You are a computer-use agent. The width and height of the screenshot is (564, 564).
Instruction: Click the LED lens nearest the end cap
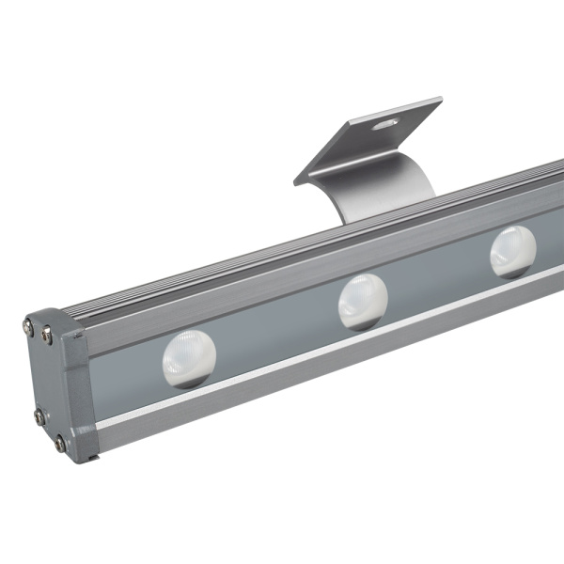tap(189, 358)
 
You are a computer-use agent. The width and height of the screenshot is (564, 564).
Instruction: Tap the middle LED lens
tap(362, 300)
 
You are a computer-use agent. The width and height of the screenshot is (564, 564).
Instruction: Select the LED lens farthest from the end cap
tap(512, 251)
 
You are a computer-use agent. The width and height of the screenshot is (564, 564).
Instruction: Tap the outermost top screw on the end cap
tap(28, 326)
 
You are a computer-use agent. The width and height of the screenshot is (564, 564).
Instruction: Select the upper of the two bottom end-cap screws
tap(39, 415)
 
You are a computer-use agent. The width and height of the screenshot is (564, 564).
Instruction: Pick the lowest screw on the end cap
tap(60, 443)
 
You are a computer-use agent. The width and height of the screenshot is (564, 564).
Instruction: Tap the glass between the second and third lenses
tap(437, 277)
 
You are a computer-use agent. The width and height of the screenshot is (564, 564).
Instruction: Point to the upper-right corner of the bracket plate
tap(439, 99)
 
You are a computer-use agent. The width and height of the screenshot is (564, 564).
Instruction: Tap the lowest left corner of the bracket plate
tap(296, 180)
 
